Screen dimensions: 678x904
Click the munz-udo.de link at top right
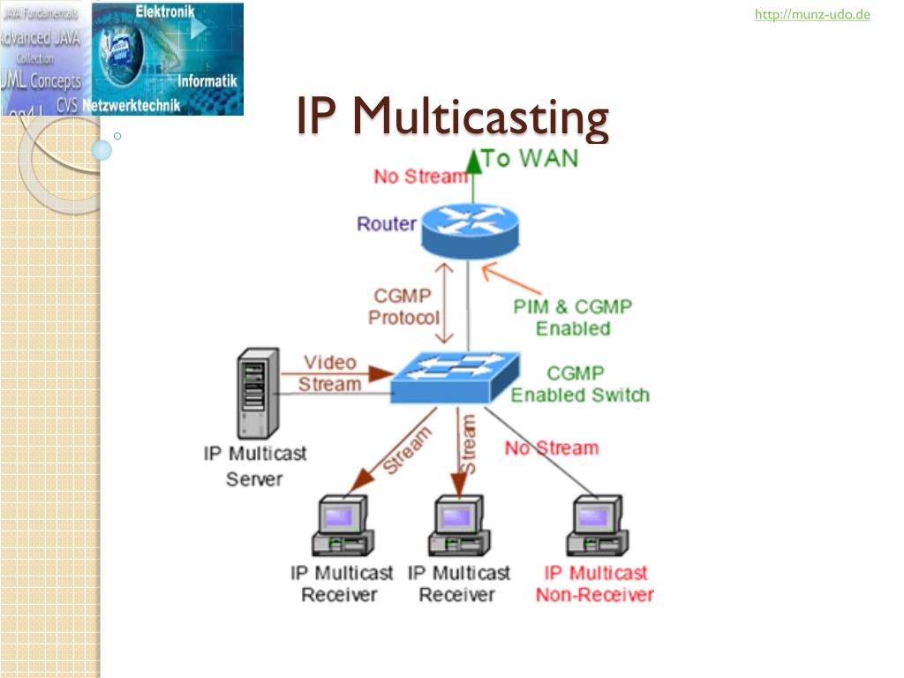coord(812,14)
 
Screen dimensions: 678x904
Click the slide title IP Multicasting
coord(452,117)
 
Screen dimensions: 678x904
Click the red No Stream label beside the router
coord(419,177)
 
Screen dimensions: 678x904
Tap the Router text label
coord(386,224)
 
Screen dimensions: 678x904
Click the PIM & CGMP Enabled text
coord(573,317)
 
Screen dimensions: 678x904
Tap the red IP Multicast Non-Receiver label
coord(595,584)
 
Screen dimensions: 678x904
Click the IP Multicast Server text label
coord(255,465)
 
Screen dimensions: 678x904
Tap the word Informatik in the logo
coord(207,81)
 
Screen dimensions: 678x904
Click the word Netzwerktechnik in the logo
coord(132,106)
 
